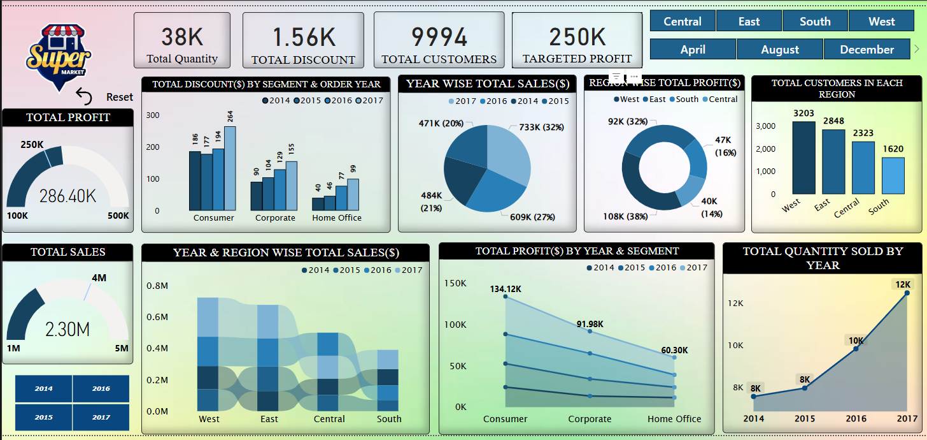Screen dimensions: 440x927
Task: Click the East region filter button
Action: [x=749, y=21]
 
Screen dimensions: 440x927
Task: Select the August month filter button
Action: [x=780, y=49]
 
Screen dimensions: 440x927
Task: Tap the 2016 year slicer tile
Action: [x=101, y=388]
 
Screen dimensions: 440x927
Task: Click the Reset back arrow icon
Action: [x=84, y=96]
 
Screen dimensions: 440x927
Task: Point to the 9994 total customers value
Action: [x=439, y=37]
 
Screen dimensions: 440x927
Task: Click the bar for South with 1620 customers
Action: [x=893, y=175]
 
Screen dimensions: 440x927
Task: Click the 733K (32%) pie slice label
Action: [x=541, y=127]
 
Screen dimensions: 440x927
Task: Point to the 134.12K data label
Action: [x=506, y=289]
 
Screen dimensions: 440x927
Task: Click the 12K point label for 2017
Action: [x=903, y=284]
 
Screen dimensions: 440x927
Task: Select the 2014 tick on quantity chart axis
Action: [x=754, y=418]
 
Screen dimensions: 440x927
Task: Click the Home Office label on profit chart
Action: [x=674, y=419]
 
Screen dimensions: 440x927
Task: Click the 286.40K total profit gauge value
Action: [x=67, y=196]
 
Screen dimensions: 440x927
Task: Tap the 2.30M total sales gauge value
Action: [x=67, y=329]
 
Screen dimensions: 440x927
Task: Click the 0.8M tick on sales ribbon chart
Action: [x=157, y=286]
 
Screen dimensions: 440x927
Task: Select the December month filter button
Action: [x=867, y=49]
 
